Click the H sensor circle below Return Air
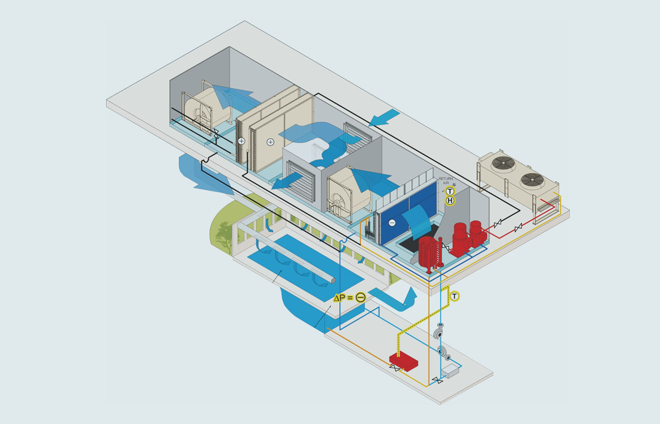(450, 201)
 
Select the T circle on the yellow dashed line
(454, 297)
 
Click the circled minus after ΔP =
(360, 297)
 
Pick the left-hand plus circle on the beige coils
(241, 141)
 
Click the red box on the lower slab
(404, 361)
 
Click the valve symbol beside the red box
(394, 369)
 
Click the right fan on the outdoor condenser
(531, 179)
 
